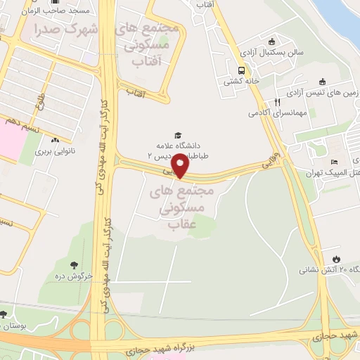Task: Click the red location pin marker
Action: tap(181, 166)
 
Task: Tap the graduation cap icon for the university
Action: tap(178, 135)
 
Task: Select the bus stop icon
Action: tap(241, 70)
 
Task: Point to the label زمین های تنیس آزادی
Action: tap(324, 93)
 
